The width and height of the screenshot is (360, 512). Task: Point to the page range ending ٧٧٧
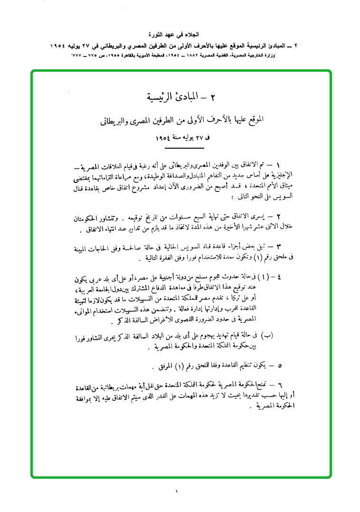(77, 56)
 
